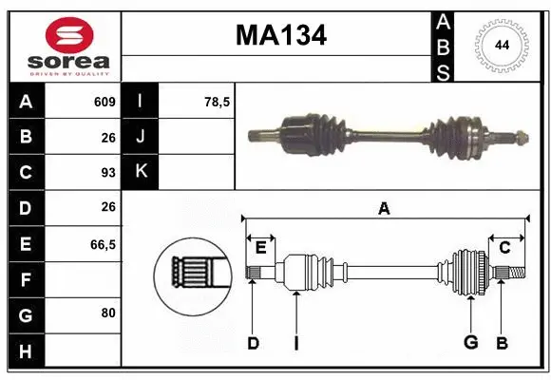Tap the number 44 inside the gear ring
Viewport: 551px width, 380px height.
point(500,45)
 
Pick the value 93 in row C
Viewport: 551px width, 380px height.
point(107,173)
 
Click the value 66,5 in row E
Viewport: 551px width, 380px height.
point(103,244)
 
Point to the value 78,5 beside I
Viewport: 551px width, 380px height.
point(218,102)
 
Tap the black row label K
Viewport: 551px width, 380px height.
point(142,172)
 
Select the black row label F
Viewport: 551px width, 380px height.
point(25,279)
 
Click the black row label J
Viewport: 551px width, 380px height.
point(142,137)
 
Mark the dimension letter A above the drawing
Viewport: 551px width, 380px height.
point(384,209)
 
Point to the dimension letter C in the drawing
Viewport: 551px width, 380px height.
point(504,247)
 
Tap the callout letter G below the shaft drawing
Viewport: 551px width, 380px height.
point(469,343)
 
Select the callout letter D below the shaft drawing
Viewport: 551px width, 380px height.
point(253,343)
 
